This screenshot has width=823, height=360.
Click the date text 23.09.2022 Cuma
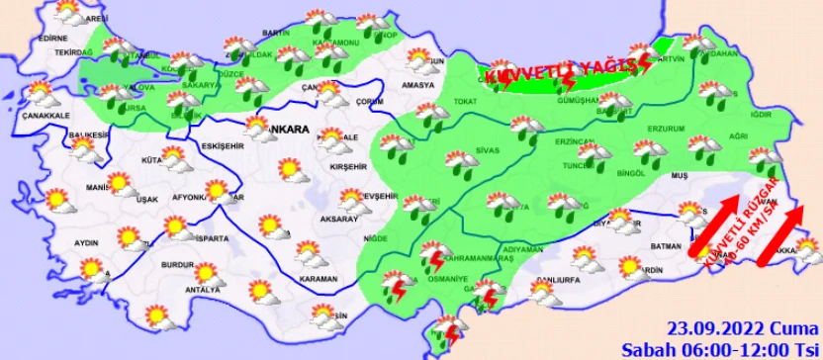[x=727, y=328]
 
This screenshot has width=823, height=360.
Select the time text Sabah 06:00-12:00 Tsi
[x=719, y=348]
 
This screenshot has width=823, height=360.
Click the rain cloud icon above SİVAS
[x=456, y=162]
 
